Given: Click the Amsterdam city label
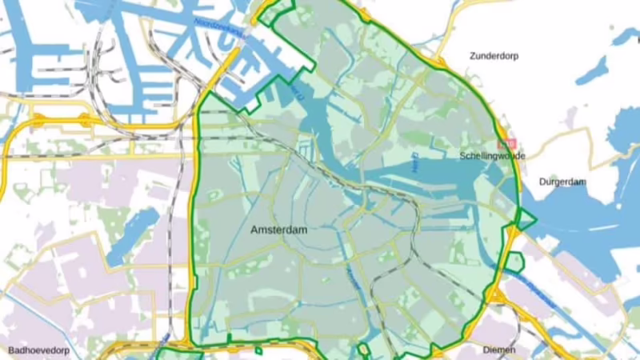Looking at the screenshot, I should coord(279,230).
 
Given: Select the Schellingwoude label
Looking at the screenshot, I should coord(492,156).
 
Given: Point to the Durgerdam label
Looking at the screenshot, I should coord(562,182).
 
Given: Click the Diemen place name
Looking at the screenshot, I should coord(497,350).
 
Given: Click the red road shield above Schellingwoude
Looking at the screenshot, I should coord(505,145).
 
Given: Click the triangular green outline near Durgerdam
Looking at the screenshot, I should coord(525,218).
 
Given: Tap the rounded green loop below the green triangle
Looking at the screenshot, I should coord(516,262).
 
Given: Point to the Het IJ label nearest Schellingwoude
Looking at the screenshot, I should coord(414,162).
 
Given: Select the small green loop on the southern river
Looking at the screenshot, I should coord(364,350).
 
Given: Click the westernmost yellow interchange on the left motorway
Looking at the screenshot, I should coord(37,121).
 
